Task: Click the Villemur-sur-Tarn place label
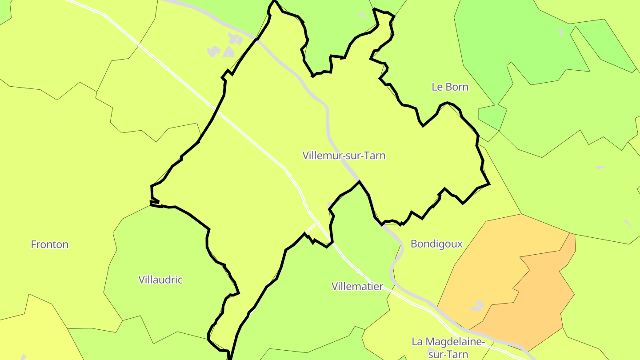point(344,156)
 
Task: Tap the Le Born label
point(450,87)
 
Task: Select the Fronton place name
point(49,244)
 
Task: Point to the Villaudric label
point(160,280)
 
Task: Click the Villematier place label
point(357,286)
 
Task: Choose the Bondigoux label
point(436,244)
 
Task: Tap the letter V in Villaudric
point(141,280)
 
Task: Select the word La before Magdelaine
point(417,342)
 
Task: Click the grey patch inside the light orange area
point(478,306)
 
